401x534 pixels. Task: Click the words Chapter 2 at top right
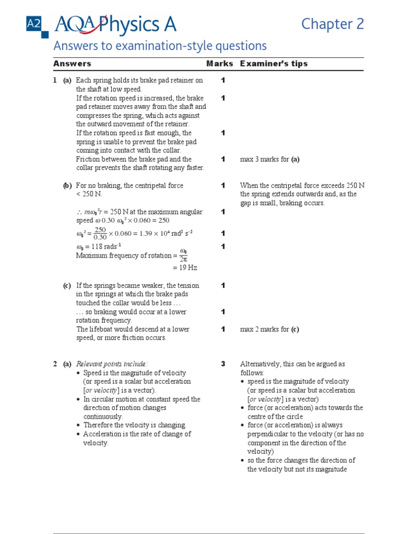click(332, 24)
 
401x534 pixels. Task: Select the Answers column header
click(72, 64)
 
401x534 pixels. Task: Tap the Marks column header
click(220, 64)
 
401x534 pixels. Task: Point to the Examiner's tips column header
click(274, 64)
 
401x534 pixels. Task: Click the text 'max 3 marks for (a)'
click(269, 159)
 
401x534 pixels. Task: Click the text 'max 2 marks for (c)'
click(269, 329)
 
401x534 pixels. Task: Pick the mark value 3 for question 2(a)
click(223, 364)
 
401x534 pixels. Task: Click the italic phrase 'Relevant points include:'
click(112, 364)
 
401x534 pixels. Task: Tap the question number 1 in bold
click(55, 80)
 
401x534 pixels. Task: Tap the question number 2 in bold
click(55, 364)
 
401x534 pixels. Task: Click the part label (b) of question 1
click(67, 186)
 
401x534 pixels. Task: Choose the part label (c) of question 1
click(67, 286)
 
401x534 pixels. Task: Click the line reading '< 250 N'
click(90, 194)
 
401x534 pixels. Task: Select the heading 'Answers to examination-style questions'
click(160, 46)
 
